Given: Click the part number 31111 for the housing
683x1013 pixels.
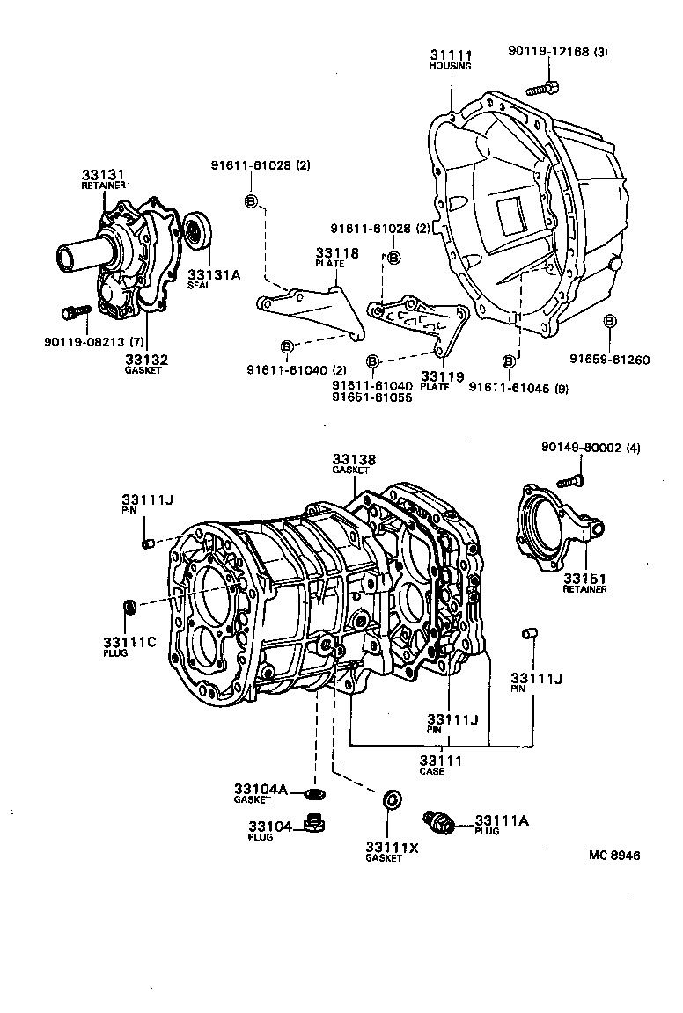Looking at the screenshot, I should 450,55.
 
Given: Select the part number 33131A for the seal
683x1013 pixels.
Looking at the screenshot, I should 212,274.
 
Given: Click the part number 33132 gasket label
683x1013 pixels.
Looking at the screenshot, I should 146,360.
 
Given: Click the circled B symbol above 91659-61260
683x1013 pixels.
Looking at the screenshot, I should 608,322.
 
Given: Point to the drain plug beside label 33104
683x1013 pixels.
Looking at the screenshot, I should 312,824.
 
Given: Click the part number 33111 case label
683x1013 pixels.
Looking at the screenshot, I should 440,761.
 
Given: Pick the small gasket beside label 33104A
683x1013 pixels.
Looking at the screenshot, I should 312,794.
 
